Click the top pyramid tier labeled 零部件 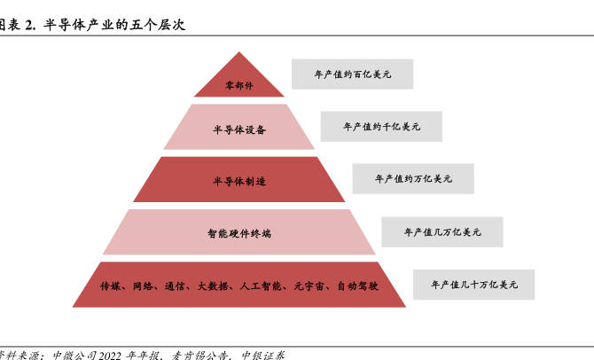tap(239, 85)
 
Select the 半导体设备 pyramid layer tap(239, 129)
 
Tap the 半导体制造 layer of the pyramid tap(239, 181)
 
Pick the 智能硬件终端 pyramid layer tap(239, 233)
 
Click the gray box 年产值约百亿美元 tap(352, 74)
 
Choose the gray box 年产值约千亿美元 tap(381, 127)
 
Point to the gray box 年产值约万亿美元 tap(412, 178)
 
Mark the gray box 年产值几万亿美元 tap(442, 231)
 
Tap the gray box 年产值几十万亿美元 tap(473, 284)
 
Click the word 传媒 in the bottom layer tap(110, 286)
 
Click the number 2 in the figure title tap(28, 25)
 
